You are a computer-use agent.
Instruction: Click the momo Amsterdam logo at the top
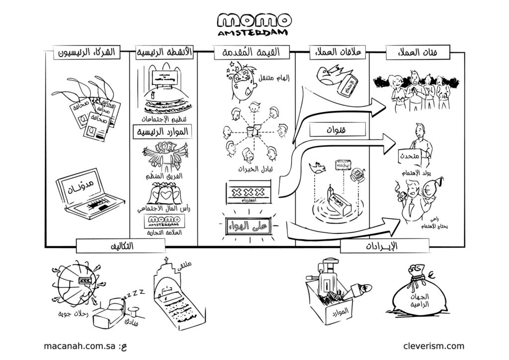(x=254, y=25)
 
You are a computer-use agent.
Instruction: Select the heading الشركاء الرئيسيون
(x=87, y=52)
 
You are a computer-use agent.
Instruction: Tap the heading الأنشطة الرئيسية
(x=164, y=52)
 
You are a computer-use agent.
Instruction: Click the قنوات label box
(x=339, y=130)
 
